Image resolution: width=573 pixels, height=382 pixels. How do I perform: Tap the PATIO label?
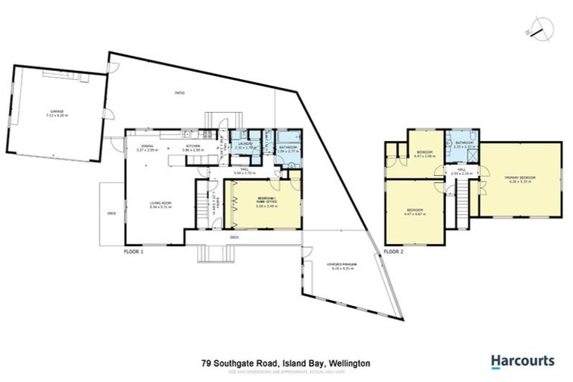pos(180,93)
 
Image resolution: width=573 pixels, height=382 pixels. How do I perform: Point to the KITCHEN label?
pos(192,148)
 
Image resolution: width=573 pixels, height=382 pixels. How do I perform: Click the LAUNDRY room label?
pos(245,145)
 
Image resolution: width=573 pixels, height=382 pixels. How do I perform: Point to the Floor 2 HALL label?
pos(462,171)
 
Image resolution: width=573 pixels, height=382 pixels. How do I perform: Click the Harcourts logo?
pos(522,361)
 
